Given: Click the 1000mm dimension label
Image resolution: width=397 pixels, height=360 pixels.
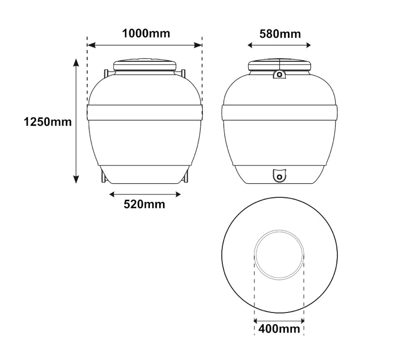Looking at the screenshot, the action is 146,33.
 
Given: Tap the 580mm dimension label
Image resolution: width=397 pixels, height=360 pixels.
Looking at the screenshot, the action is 280,34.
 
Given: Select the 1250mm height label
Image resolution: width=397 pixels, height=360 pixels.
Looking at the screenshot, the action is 47,122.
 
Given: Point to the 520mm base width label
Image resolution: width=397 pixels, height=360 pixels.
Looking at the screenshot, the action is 144,204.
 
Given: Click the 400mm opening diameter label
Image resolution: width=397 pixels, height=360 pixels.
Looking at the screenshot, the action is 279,329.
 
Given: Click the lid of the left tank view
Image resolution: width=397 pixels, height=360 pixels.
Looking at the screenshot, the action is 145,65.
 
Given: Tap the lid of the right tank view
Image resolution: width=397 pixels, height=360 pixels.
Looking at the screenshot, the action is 280,65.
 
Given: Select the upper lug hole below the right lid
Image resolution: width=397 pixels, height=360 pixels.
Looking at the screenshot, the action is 280,74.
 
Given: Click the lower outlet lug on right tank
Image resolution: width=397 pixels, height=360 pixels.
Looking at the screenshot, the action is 279,175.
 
